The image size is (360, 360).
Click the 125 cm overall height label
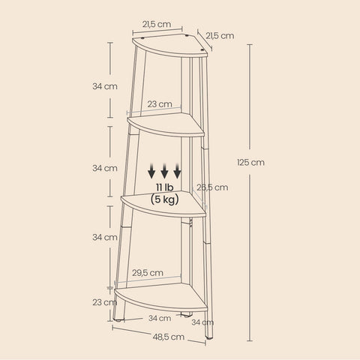point(250,162)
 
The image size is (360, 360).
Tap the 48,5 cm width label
point(168,337)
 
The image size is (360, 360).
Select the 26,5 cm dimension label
point(212,188)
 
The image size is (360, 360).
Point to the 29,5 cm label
point(146,273)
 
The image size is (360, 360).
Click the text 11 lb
point(165,187)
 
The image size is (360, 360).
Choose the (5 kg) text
point(166,199)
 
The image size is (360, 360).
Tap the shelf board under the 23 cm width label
point(166,124)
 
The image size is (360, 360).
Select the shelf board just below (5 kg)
point(166,203)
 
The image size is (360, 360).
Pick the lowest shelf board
point(161,297)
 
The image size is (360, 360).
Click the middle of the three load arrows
point(165,169)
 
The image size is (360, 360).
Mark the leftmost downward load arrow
point(152,169)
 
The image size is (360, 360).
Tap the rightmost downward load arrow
point(178,169)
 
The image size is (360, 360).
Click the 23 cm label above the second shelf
point(160,104)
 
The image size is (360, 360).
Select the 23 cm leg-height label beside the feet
point(104,302)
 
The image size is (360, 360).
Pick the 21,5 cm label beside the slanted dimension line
point(220,35)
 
